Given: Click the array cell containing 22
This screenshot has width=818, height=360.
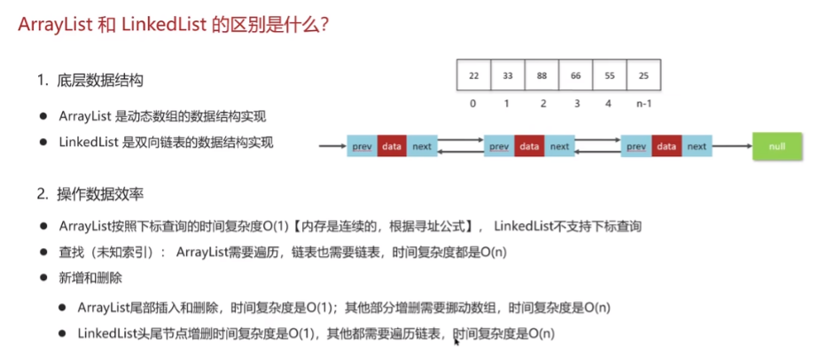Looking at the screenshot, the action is click(473, 75).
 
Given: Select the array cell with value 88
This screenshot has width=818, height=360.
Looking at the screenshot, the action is click(542, 75).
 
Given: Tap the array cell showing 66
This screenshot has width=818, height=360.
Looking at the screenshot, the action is click(576, 75).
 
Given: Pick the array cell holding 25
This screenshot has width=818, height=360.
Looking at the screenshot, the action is click(643, 75).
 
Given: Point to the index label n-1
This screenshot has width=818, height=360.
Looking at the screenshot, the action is click(643, 104).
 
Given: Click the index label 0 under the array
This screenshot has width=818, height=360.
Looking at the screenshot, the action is click(472, 104).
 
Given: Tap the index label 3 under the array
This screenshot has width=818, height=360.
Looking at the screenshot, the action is click(577, 104).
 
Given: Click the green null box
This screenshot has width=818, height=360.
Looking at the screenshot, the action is click(776, 146).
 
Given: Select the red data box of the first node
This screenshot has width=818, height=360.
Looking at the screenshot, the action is click(391, 146).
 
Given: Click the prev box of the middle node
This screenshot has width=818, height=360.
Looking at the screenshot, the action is click(499, 146).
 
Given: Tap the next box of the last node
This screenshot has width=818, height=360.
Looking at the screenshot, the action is click(697, 146).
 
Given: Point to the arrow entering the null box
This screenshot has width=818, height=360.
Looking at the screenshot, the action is click(732, 146).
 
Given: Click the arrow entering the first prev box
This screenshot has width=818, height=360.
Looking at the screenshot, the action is click(333, 146).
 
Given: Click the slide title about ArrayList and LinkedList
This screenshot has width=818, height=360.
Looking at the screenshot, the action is click(173, 25).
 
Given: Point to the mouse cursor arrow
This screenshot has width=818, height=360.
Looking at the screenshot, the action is click(456, 341).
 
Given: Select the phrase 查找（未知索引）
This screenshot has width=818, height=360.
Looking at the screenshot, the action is click(109, 253).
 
